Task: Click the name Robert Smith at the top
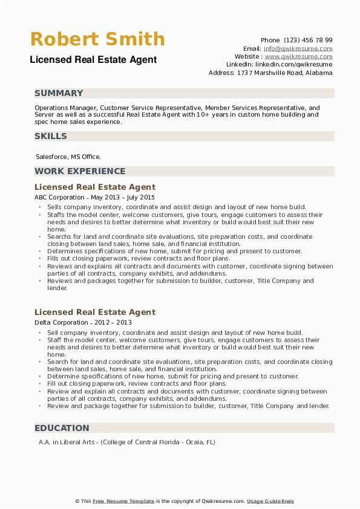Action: pos(97,39)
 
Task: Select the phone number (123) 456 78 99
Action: pos(308,40)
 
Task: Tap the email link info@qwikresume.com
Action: pos(298,48)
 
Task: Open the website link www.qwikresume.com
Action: pos(300,56)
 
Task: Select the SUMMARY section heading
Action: pos(59,93)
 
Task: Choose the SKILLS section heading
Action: pos(51,136)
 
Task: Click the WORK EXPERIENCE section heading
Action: pos(80,171)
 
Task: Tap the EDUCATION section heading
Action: pos(62,428)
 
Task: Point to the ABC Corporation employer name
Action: pos(59,197)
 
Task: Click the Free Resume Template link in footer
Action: pos(123,501)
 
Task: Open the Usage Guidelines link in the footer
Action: pos(270,501)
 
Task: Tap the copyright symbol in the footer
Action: pos(78,501)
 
